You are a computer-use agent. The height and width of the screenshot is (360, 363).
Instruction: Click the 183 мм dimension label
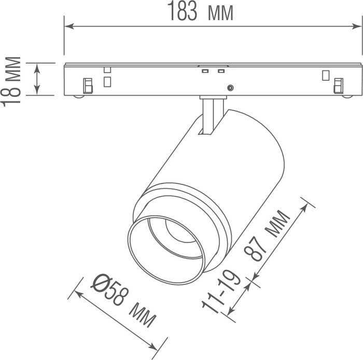click(200, 11)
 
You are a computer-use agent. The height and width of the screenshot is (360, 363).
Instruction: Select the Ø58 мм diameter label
click(123, 300)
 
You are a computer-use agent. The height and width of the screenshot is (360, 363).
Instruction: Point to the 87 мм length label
click(267, 235)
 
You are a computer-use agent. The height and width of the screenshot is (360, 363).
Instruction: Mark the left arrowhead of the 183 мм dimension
click(69, 26)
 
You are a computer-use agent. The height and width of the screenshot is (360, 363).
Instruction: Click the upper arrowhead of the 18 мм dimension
click(37, 69)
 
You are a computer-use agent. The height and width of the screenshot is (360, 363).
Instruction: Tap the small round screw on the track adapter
click(230, 88)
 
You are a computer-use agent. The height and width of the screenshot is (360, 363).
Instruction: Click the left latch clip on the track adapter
click(88, 86)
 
